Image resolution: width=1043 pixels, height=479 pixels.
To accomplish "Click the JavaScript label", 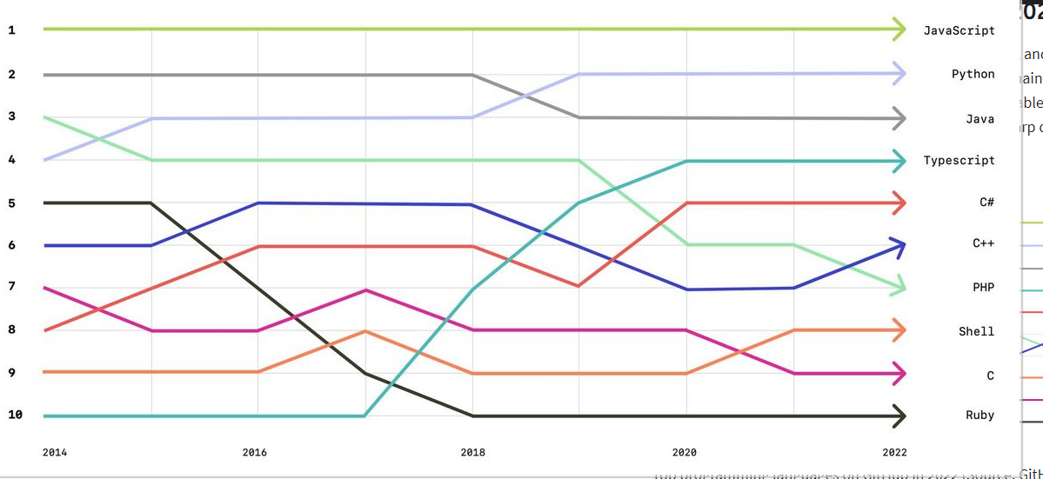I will (959, 30).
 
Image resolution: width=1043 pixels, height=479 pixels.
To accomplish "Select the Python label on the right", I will (973, 74).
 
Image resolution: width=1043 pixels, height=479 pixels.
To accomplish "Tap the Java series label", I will (979, 119).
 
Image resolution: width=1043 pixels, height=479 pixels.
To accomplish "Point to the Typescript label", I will (959, 160).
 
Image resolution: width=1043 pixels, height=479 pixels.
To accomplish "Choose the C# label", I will (986, 203).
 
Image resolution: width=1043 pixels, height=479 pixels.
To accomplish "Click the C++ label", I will (983, 244).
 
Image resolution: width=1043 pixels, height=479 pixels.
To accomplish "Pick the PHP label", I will (983, 288).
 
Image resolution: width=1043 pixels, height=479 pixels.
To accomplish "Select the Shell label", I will (976, 331).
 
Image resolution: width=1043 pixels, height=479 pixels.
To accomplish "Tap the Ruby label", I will (979, 416).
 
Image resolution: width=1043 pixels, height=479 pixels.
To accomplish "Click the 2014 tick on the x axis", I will (55, 452).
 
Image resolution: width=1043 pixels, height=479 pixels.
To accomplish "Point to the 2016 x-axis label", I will (255, 452).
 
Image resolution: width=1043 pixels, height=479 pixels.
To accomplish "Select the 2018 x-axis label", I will (472, 452).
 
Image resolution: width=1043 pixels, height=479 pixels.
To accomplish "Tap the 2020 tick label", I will (685, 452).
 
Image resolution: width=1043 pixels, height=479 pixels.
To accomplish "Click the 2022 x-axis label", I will (894, 452).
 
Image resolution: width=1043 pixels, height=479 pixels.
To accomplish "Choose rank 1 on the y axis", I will (11, 30).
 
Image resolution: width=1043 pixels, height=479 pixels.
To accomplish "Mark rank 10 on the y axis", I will (15, 415).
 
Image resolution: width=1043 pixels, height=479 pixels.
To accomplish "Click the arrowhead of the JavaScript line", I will (899, 30).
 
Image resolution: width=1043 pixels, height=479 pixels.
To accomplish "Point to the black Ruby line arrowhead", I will (899, 416).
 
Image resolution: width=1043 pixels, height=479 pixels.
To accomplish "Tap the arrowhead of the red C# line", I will (899, 203).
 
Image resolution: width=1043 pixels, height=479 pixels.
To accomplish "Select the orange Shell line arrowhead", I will (899, 330).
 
